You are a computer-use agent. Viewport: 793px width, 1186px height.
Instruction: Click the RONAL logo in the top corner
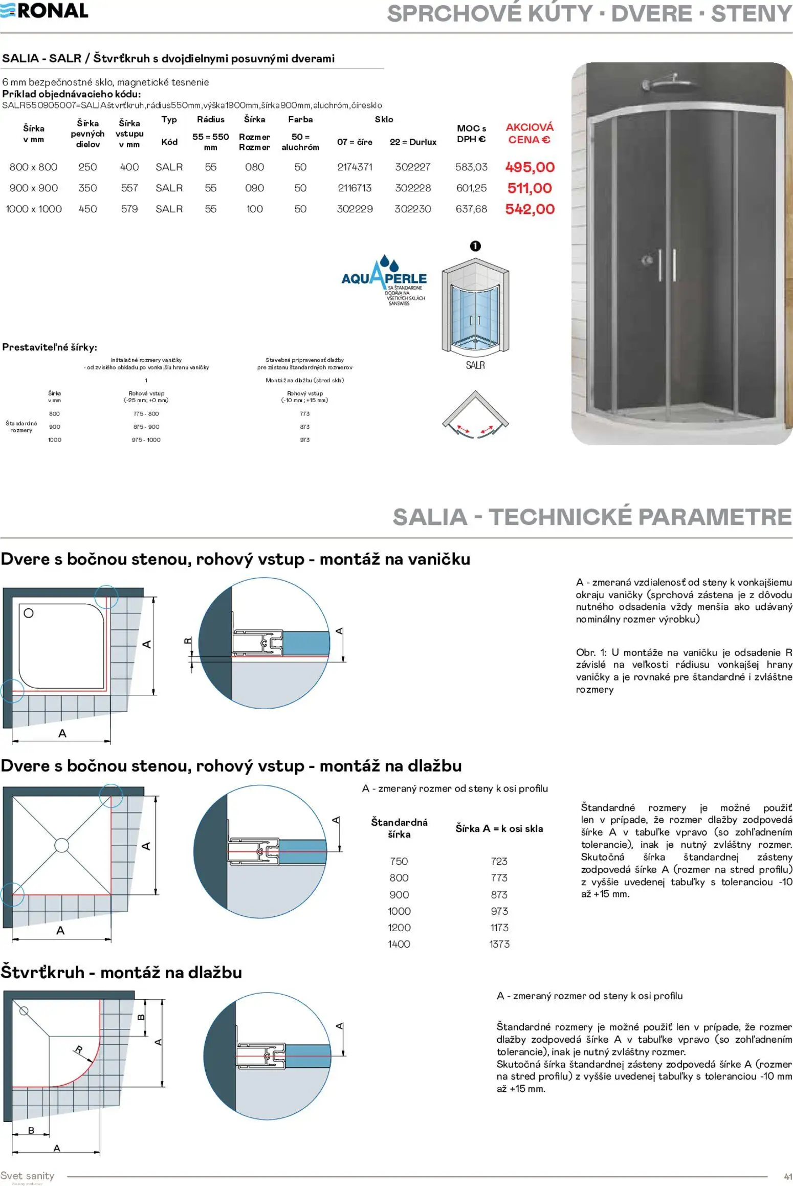[45, 10]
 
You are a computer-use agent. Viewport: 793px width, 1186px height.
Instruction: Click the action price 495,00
[530, 167]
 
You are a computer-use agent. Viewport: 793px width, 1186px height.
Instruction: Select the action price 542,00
[530, 209]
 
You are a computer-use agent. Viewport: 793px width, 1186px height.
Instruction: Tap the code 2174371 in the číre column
[355, 167]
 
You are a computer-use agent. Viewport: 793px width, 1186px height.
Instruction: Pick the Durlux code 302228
[413, 188]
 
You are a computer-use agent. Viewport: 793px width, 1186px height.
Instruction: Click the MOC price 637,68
[471, 209]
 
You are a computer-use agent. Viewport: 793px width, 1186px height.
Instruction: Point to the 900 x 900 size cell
[33, 188]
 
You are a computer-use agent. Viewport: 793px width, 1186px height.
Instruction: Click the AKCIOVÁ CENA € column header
[530, 134]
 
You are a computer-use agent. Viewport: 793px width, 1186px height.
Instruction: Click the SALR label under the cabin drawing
[475, 365]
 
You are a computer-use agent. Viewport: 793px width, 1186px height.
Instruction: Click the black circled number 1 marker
[475, 246]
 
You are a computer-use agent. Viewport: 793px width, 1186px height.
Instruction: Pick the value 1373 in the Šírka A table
[499, 944]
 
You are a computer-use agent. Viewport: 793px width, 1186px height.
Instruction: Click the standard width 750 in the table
[399, 861]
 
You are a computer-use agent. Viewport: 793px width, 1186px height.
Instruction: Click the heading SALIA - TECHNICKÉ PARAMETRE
[592, 517]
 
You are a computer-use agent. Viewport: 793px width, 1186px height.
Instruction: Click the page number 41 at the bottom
[787, 1177]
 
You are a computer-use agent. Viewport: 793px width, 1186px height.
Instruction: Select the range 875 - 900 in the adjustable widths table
[146, 427]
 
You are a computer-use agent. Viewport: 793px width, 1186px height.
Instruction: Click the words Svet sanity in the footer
[27, 1175]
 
